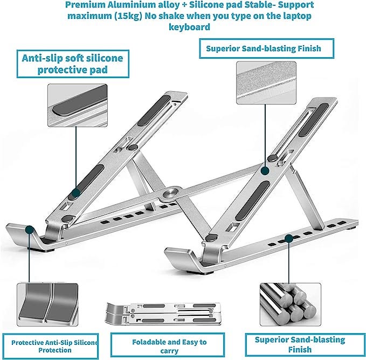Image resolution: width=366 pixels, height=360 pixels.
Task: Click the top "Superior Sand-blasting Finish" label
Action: point(264,49)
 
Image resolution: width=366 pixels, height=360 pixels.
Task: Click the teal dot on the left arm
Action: point(75,192)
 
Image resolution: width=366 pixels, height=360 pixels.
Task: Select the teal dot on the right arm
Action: point(265,170)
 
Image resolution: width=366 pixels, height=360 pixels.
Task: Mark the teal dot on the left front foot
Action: point(27,229)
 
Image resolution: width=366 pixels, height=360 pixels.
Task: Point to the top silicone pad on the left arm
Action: point(155,107)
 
